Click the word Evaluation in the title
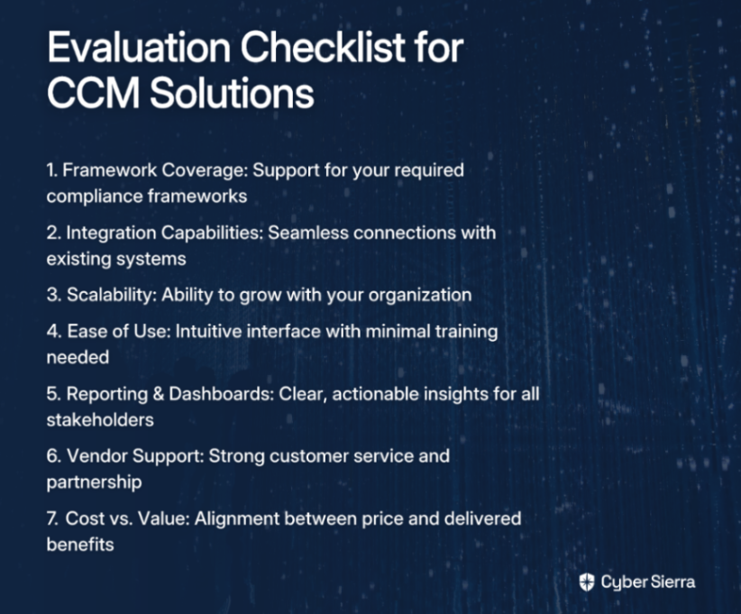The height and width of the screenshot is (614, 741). (139, 48)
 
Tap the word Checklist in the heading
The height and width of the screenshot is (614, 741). (324, 48)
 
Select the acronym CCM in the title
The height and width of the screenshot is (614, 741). (94, 93)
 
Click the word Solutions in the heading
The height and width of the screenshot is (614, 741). (232, 93)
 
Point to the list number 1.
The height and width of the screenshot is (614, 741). (52, 170)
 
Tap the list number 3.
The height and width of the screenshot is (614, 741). (53, 295)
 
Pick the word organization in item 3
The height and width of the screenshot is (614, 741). (420, 296)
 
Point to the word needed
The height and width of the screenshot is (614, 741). (78, 357)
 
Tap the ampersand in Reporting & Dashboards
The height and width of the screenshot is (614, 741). (158, 394)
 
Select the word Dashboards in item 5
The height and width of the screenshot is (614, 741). (221, 394)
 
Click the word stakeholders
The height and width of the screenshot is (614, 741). (100, 420)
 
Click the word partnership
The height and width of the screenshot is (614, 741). (94, 482)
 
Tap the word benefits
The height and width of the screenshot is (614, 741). (80, 545)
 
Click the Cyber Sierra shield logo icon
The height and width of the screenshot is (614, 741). (587, 582)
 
